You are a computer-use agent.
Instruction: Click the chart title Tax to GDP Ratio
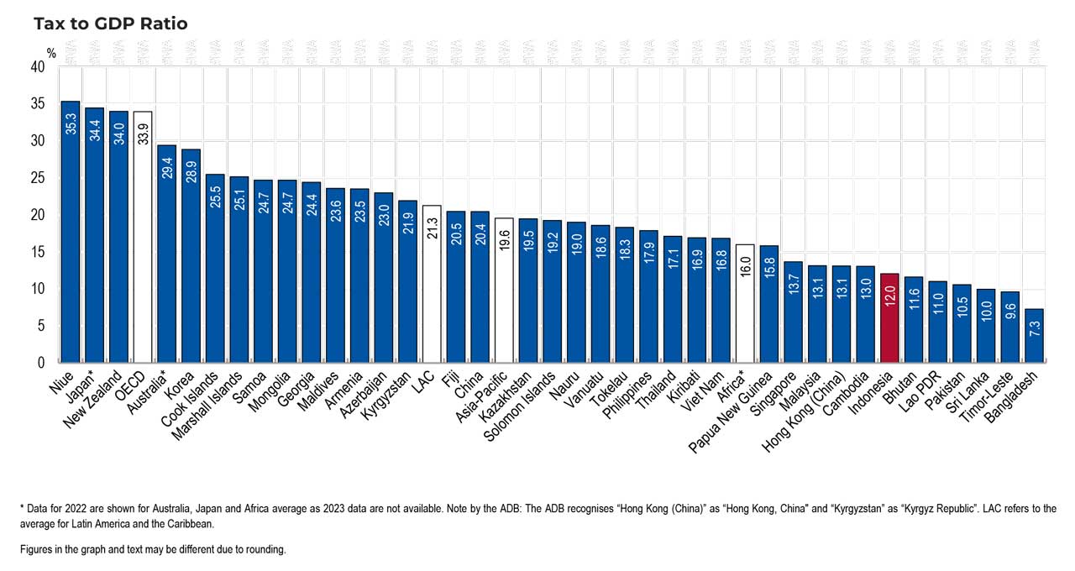click(x=110, y=24)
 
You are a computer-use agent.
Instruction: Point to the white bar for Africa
click(x=745, y=303)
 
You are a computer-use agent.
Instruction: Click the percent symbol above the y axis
click(x=51, y=53)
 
